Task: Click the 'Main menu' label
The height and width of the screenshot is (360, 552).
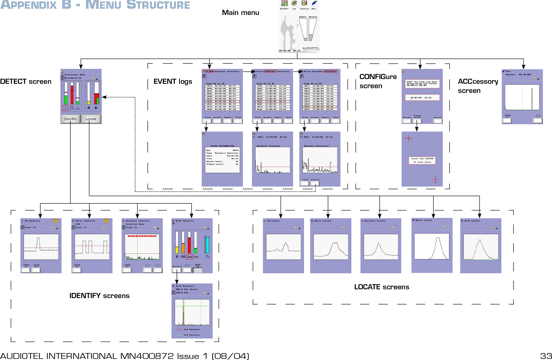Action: point(240,13)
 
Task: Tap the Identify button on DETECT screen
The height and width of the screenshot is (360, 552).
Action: point(70,119)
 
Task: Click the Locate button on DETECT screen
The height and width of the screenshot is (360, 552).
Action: point(91,119)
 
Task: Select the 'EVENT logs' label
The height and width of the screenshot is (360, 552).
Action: point(173,82)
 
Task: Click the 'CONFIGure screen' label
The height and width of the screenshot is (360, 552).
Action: point(378,81)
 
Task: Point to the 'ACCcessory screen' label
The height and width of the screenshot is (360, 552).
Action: point(477,86)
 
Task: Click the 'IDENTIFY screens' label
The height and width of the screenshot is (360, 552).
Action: point(99,296)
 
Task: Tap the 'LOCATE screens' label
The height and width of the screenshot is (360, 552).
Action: point(381,287)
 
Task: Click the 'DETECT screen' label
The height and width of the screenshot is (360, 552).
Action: point(25,82)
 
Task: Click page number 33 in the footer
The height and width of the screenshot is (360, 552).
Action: point(546,356)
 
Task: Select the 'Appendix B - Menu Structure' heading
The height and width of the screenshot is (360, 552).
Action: point(95,5)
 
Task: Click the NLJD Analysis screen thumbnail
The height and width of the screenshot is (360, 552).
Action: point(192,311)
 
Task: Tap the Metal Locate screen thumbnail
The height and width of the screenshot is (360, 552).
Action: point(432,245)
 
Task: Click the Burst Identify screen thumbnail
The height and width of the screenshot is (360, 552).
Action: point(92,246)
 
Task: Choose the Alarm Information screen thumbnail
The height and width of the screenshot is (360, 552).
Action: point(222,159)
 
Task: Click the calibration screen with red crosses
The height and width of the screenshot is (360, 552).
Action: point(422,159)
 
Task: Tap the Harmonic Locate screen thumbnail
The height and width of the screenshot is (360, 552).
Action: point(381,246)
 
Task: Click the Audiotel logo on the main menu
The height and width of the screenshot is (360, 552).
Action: point(311,48)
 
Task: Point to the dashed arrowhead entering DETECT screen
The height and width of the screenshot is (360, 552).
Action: point(104,97)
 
